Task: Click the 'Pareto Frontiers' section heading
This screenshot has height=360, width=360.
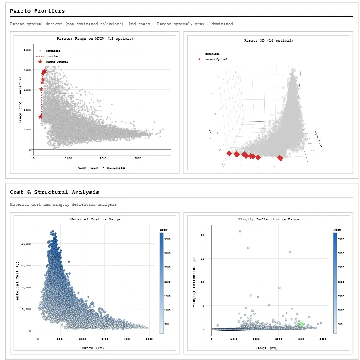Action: click(37, 11)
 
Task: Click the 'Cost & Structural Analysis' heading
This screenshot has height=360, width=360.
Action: click(54, 192)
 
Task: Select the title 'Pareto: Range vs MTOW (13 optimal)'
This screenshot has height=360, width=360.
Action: click(95, 39)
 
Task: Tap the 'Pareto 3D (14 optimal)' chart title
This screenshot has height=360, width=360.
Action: click(268, 41)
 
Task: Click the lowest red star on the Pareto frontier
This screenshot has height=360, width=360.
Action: click(41, 116)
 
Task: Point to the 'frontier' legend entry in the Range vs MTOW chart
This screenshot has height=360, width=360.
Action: click(52, 56)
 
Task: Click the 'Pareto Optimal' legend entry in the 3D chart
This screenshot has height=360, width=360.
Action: click(216, 59)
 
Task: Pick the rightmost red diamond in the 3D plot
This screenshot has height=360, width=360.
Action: click(280, 158)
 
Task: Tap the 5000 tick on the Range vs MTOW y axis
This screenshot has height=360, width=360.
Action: click(27, 50)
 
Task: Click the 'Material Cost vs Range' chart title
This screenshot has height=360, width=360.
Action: click(95, 219)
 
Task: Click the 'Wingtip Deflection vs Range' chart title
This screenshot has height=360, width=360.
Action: click(268, 219)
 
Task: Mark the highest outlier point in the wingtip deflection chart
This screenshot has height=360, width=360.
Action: click(240, 231)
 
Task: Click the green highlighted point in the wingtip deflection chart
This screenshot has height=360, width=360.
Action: click(301, 324)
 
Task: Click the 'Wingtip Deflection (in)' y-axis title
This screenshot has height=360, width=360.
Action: click(194, 281)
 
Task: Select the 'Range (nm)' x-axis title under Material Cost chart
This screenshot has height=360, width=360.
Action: click(96, 348)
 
